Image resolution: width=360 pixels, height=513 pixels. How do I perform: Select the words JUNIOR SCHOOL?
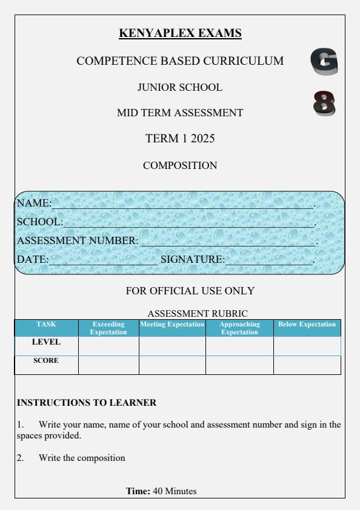tap(181, 87)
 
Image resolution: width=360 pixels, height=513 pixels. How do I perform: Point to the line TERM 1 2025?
tap(181, 139)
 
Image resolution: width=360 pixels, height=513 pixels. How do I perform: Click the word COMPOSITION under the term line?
tap(181, 165)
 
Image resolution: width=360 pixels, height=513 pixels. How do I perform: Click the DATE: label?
tap(32, 260)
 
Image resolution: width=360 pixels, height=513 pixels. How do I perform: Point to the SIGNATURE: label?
tap(192, 260)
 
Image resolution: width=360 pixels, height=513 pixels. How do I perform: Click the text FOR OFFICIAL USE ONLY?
tap(190, 291)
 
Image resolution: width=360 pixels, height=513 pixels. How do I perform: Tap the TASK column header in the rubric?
tap(46, 325)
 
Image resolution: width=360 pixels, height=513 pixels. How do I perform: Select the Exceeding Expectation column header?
tap(108, 328)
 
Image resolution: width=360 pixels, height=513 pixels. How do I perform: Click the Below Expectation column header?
tap(307, 325)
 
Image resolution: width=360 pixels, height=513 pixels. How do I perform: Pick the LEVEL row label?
tap(46, 342)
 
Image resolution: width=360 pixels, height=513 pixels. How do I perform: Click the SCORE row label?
tap(46, 360)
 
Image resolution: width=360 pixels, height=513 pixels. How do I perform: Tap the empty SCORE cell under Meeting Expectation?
tap(172, 365)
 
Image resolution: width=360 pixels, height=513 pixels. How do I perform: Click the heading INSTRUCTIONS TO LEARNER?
tap(78, 402)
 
